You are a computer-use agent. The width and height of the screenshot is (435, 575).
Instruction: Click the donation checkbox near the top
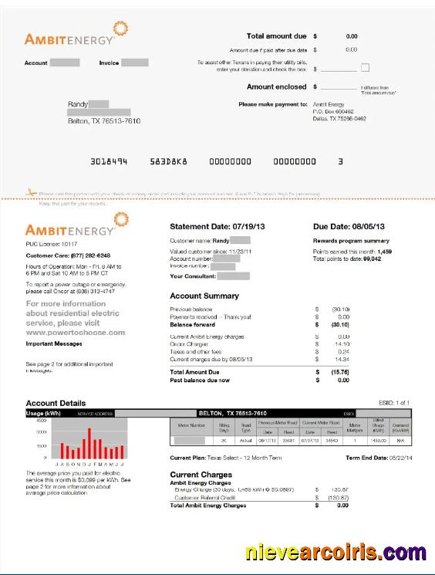coord(366,68)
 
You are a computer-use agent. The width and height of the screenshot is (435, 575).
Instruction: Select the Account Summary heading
coord(204,296)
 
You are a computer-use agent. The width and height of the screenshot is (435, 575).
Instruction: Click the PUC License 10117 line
coord(53,244)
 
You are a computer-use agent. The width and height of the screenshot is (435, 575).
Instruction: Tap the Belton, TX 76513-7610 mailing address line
coord(104,121)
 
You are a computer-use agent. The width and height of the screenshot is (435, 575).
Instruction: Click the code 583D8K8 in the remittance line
coord(169,162)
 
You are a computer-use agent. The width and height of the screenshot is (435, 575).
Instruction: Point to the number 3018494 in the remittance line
coord(109,162)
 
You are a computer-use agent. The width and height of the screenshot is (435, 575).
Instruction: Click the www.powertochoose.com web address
coord(76,333)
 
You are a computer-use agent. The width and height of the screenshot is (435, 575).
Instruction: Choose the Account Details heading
coord(56,403)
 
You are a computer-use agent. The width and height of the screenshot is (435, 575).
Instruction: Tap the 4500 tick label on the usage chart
coord(41,421)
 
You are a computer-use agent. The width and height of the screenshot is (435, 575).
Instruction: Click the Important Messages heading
coord(54,343)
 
